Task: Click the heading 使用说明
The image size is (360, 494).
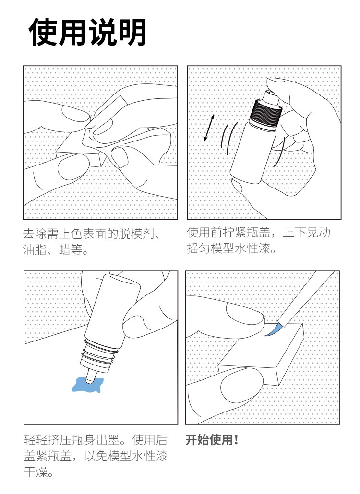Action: click(87, 32)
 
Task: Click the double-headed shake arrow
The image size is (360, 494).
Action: click(209, 128)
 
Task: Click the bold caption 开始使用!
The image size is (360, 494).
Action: click(211, 440)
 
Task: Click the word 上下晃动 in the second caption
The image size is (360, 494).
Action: click(306, 233)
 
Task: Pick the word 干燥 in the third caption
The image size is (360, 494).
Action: click(36, 472)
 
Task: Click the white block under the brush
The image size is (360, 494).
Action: click(262, 354)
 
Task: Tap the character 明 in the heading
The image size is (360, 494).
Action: click(132, 32)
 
